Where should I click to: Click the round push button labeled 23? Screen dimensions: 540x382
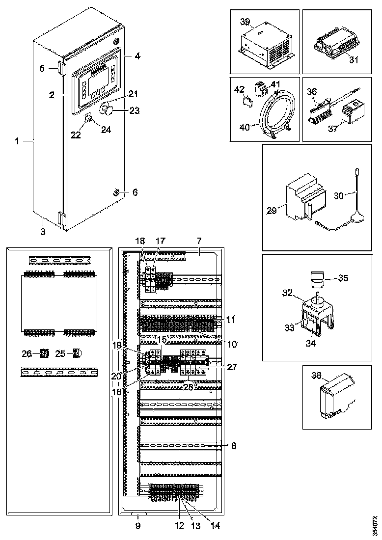coord(107,109)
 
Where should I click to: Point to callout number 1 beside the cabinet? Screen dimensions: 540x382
coord(17,141)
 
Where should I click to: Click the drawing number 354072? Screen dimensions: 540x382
coord(375,525)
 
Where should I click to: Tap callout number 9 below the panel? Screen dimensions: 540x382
coord(138,526)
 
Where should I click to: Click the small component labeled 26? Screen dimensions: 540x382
coord(43,353)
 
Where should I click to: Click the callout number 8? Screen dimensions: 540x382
coord(234,446)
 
